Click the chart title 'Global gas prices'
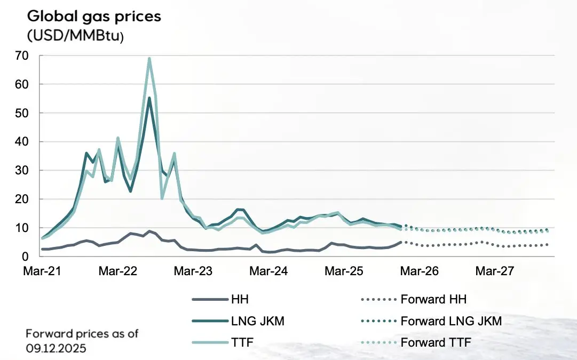coord(94,16)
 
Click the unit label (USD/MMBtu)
coord(75,36)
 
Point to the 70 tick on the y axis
coord(36,55)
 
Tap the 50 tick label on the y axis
coord(36,113)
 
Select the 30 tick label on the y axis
coord(36,170)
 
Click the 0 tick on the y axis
coord(39,257)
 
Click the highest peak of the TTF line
coord(149,59)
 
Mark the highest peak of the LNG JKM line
coord(149,98)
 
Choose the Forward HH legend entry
coord(433,300)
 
